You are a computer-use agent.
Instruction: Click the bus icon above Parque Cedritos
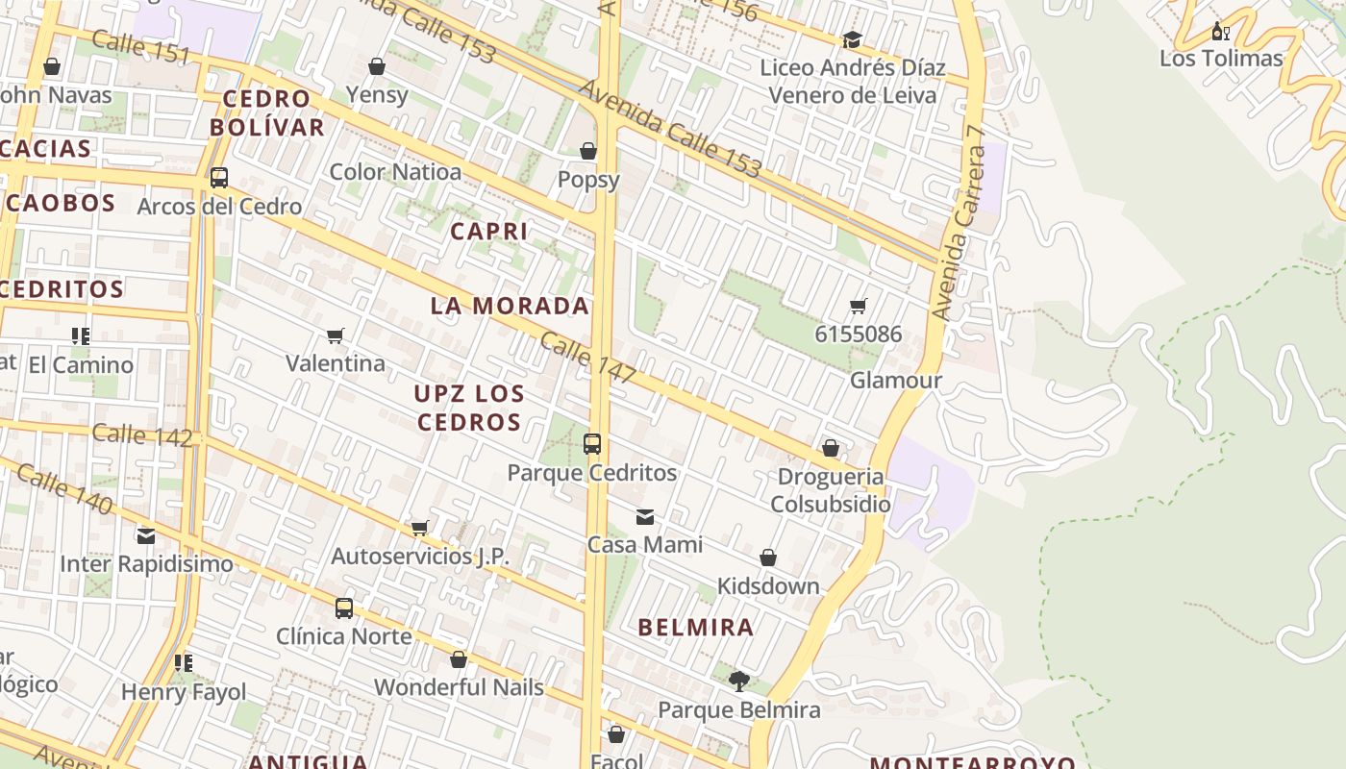[x=592, y=444]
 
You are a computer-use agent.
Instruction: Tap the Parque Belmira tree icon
[x=738, y=682]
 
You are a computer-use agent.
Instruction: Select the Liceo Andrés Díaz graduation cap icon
[x=852, y=39]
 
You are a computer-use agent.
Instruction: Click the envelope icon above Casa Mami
[x=645, y=517]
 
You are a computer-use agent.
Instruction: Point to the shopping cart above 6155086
[x=859, y=307]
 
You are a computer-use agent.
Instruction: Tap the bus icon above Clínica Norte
[x=344, y=608]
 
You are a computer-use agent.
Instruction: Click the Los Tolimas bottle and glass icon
[x=1220, y=31]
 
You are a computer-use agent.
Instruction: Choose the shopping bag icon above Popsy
[x=588, y=151]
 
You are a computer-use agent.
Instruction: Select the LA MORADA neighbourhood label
[x=510, y=306]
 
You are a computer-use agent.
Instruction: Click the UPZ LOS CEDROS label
[x=470, y=408]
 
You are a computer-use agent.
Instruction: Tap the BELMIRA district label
[x=696, y=628]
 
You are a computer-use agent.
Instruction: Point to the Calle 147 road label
[x=586, y=358]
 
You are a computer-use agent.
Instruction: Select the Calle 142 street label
[x=142, y=434]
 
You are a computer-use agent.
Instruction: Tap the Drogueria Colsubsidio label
[x=831, y=490]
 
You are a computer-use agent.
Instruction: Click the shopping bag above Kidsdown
[x=768, y=558]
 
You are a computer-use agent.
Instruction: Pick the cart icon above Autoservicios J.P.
[x=419, y=528]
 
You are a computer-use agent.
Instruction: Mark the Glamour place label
[x=896, y=380]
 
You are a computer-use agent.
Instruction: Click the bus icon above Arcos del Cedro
[x=219, y=178]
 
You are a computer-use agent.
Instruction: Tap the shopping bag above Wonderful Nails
[x=459, y=659]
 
